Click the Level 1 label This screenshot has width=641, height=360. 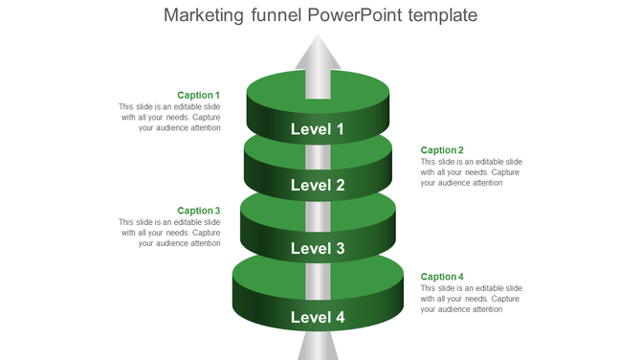click(318, 129)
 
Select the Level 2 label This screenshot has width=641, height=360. click(318, 186)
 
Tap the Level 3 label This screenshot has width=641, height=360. click(318, 249)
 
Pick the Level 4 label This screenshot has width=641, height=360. click(318, 317)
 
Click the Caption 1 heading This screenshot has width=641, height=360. click(199, 96)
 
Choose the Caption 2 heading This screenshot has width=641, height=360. click(442, 150)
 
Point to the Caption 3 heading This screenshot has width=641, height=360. click(199, 211)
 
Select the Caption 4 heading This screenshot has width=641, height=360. click(442, 277)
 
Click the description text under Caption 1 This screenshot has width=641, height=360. click(170, 117)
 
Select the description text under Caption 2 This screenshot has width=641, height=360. click(471, 172)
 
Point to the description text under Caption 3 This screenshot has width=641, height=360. click(170, 233)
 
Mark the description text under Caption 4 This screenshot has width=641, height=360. click(471, 299)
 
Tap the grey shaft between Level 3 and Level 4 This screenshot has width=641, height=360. click(318, 279)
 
